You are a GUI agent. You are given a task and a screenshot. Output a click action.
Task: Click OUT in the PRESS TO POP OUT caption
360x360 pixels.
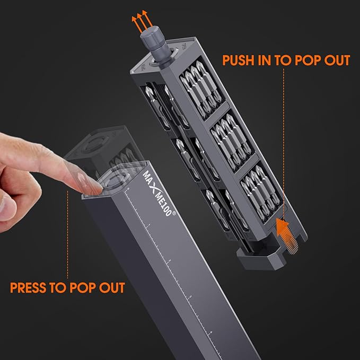(112, 288)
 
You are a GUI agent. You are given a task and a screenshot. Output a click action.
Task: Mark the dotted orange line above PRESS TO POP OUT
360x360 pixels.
(67, 233)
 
